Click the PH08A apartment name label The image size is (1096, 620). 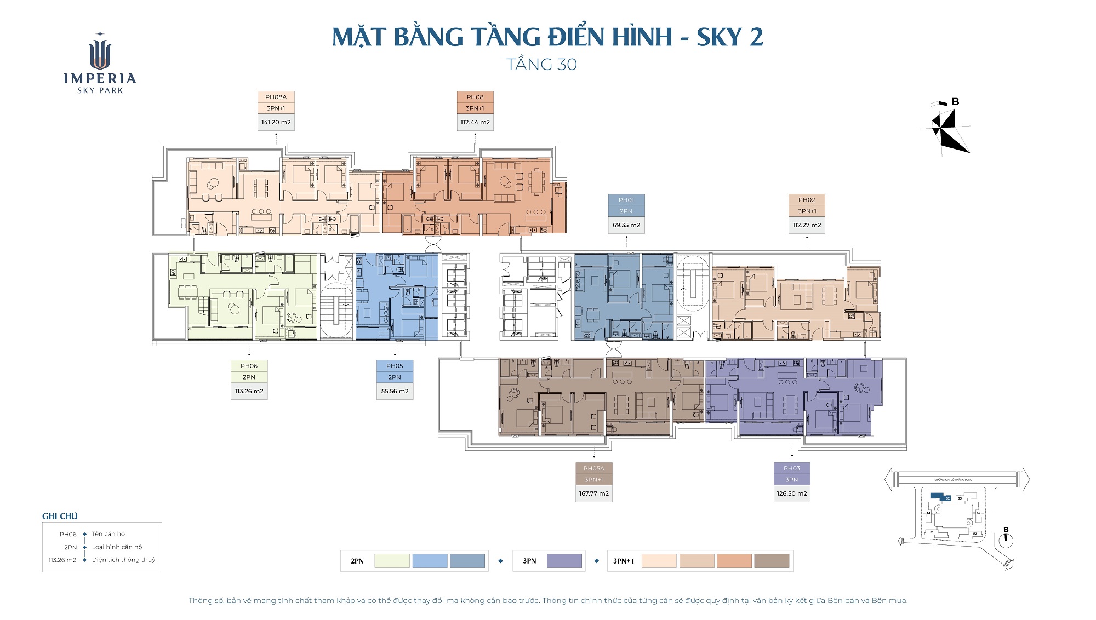276,97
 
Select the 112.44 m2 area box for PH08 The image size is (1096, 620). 475,122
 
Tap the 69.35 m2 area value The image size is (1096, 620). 626,225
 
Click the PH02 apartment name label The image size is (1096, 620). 807,200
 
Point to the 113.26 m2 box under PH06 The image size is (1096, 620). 249,391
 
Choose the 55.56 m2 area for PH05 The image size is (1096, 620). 395,391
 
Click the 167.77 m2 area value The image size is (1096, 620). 593,493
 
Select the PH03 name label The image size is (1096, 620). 792,468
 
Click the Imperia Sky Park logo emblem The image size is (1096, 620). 100,52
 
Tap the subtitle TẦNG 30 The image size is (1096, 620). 541,65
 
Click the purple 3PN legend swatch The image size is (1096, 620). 564,561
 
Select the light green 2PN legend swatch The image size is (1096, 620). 392,561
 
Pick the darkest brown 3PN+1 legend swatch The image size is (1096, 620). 772,561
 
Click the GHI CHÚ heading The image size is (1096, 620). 60,516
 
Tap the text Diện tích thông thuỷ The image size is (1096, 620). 123,560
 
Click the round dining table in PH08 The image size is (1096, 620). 505,182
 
